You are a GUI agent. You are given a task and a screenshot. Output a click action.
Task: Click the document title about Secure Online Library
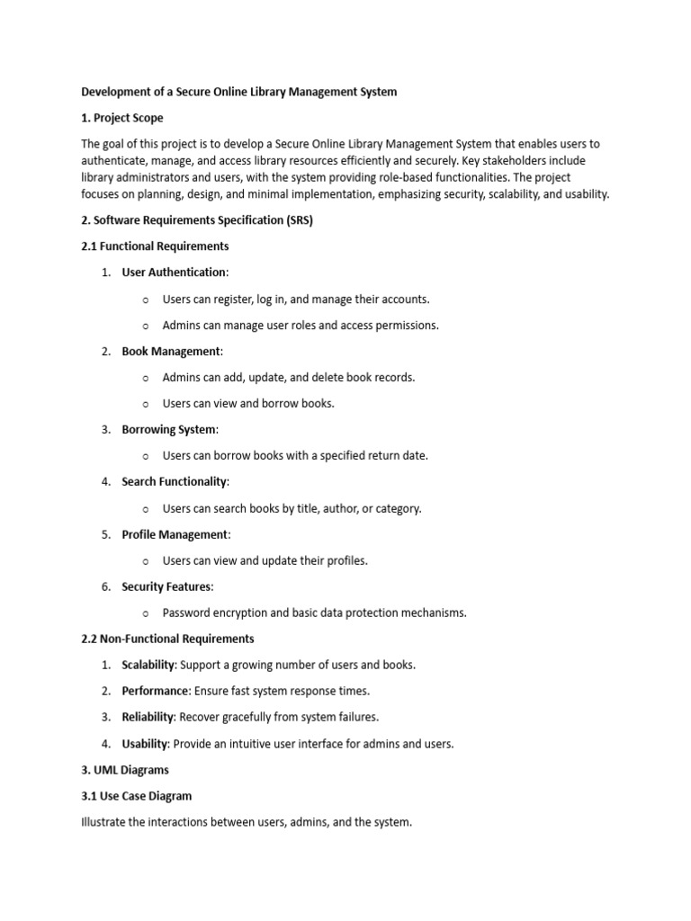238,92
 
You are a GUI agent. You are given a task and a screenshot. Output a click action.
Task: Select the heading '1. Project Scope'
122,118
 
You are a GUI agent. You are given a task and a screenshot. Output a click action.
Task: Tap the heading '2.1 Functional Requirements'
155,246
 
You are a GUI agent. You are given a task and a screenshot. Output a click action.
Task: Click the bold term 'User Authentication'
174,272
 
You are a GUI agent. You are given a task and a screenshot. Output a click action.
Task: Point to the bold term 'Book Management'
171,351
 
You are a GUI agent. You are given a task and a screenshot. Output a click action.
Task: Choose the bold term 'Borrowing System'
169,429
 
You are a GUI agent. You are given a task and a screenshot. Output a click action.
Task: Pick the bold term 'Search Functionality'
175,482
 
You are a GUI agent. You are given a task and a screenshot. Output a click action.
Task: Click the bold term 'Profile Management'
175,534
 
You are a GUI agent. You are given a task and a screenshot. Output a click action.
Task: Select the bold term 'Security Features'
167,586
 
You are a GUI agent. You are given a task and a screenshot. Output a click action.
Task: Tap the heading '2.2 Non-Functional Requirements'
167,639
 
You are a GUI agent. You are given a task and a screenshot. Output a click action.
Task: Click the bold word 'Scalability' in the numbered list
148,665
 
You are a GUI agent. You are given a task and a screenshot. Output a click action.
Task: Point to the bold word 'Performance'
156,691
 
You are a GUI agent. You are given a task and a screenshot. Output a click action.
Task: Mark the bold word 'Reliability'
149,717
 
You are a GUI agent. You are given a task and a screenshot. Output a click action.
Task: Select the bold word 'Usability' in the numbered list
145,744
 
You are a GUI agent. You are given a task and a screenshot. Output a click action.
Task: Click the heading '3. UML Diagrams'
125,770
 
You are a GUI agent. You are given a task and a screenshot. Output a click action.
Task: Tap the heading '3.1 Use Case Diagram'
136,796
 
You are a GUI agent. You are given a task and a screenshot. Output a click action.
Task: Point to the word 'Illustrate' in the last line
104,822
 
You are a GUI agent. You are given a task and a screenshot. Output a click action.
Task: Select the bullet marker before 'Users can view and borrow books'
146,404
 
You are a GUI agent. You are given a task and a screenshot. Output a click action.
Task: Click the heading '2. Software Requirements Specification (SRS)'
197,219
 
